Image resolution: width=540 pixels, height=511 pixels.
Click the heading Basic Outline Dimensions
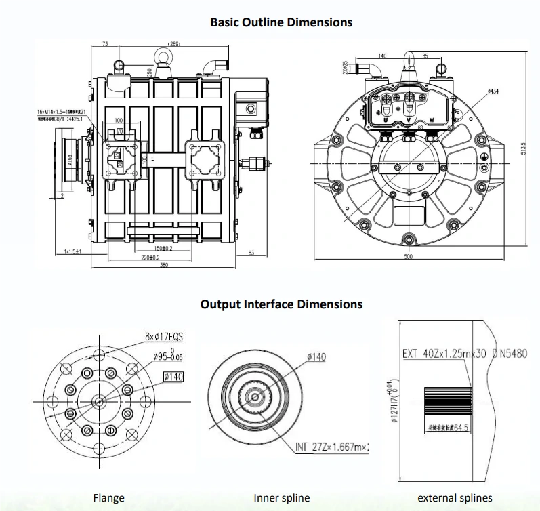tap(281, 22)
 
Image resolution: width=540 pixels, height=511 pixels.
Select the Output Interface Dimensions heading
tap(281, 304)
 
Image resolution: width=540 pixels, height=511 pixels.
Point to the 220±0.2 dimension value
tap(150, 258)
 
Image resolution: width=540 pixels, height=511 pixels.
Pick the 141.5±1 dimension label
tap(72, 251)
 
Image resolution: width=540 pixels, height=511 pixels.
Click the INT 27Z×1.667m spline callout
tap(333, 447)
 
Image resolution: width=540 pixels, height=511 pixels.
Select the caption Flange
tap(108, 498)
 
